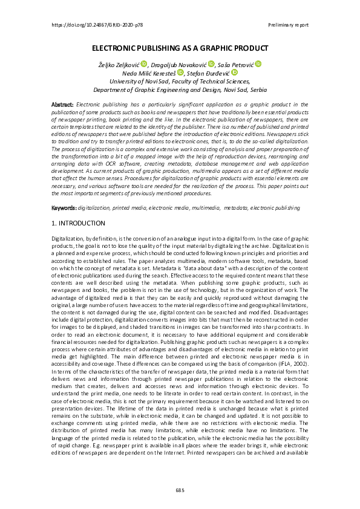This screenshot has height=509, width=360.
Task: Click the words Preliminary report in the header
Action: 288,25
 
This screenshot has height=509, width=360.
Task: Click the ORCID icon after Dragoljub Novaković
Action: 211,64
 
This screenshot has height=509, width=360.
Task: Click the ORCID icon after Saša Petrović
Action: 258,64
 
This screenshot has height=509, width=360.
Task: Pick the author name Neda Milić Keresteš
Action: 149,73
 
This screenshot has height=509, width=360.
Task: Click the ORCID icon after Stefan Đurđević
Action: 235,73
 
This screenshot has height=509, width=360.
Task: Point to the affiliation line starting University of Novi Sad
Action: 180,81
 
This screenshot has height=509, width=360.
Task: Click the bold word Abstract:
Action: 63,105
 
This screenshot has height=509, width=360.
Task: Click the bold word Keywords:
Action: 64,207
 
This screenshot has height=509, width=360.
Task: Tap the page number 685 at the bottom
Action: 180,488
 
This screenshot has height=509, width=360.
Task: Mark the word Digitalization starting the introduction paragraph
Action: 68,240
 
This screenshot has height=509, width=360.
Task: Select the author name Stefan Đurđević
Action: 209,73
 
